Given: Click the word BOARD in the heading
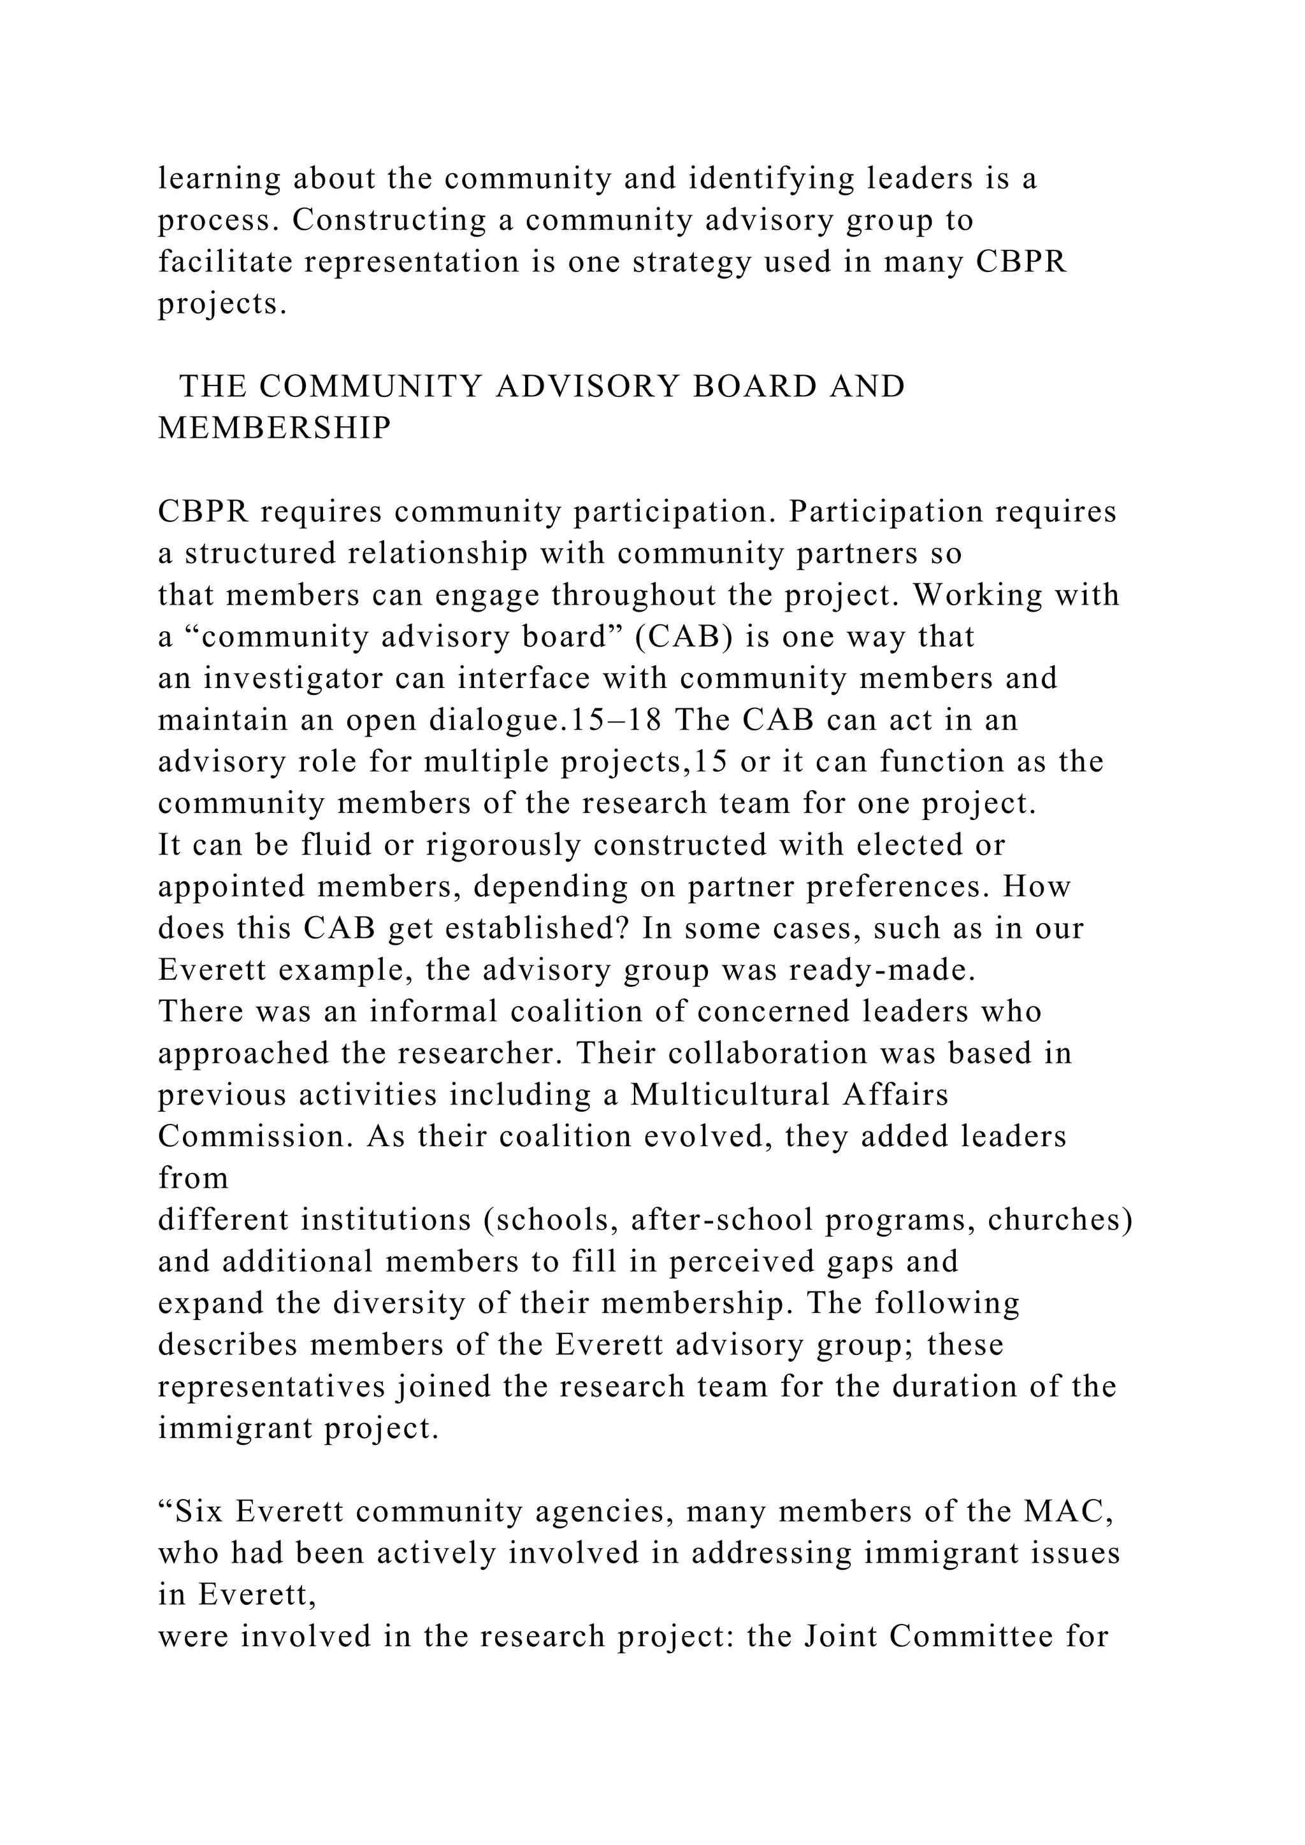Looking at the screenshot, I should pyautogui.click(x=752, y=387).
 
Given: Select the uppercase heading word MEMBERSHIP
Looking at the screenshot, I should pyautogui.click(x=275, y=429).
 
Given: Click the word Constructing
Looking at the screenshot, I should pyautogui.click(x=389, y=220).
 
